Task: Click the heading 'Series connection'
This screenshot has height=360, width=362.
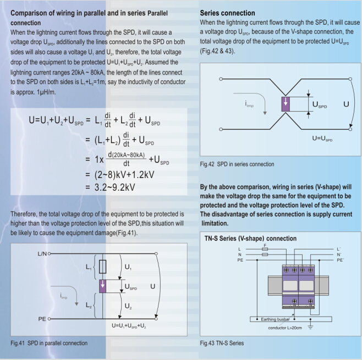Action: pyautogui.click(x=227, y=13)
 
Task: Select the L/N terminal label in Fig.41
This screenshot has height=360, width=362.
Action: pyautogui.click(x=42, y=254)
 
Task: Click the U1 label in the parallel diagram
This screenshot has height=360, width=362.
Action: pyautogui.click(x=128, y=267)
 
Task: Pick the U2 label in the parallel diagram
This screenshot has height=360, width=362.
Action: pyautogui.click(x=128, y=305)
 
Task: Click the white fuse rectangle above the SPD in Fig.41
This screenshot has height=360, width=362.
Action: pyautogui.click(x=102, y=267)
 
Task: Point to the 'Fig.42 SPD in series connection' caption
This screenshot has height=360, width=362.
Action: pyautogui.click(x=237, y=164)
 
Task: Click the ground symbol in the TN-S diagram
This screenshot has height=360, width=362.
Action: pyautogui.click(x=311, y=328)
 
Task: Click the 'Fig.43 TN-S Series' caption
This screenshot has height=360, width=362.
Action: pyautogui.click(x=222, y=343)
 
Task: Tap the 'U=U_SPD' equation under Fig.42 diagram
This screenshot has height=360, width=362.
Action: pyautogui.click(x=321, y=139)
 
